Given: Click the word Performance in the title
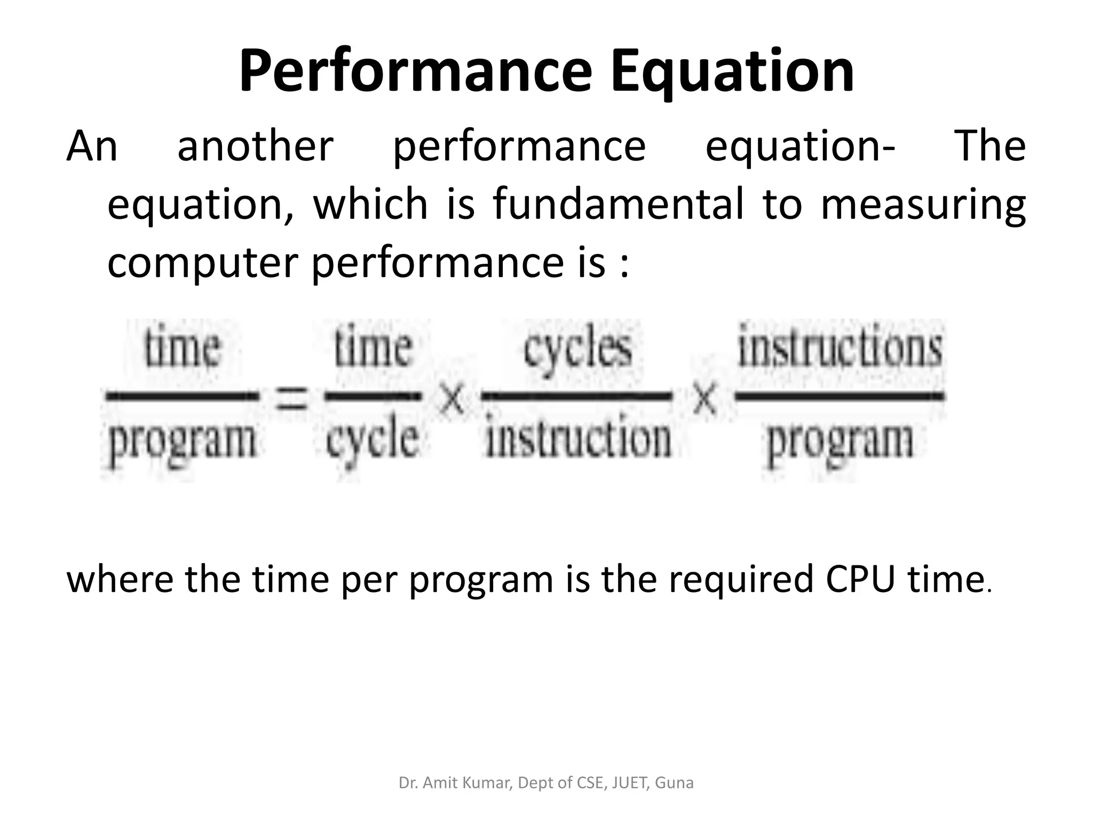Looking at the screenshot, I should click(415, 72).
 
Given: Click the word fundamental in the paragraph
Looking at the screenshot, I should click(618, 204).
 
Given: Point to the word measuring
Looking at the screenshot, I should click(923, 204).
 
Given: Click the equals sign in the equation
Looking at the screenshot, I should click(291, 398).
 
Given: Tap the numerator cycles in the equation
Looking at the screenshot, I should click(577, 350).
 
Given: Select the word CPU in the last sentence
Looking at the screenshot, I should click(859, 579).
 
